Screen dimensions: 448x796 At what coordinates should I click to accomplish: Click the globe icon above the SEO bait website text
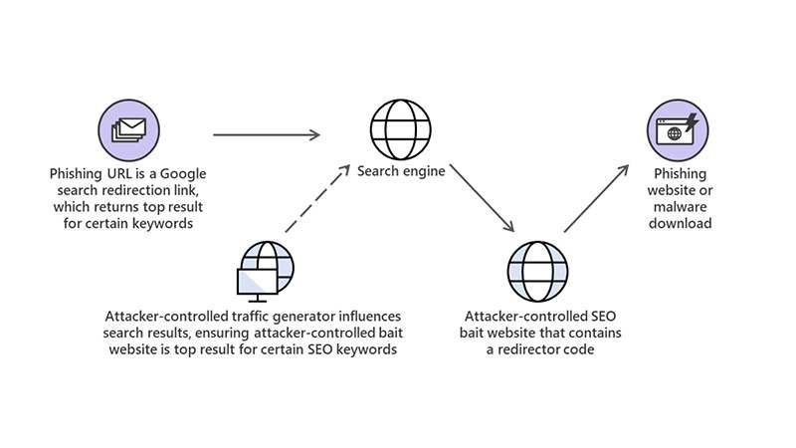click(x=536, y=269)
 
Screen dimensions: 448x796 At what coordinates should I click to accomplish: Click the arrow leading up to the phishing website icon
click(x=597, y=199)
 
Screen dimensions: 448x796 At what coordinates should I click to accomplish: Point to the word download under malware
click(x=682, y=223)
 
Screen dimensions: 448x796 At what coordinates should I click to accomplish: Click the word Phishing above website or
click(x=682, y=173)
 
